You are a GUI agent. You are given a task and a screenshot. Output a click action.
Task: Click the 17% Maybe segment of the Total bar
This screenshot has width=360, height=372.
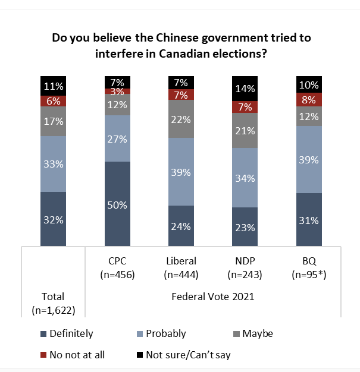coord(54,122)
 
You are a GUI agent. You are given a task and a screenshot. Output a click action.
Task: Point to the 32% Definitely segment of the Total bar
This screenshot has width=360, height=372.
coord(54,219)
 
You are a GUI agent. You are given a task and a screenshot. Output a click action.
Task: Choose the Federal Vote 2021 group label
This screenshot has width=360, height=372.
coord(212,297)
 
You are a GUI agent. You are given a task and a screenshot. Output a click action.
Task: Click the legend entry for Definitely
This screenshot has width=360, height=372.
coord(66,333)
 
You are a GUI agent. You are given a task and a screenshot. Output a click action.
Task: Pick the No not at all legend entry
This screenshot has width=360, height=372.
coord(72,355)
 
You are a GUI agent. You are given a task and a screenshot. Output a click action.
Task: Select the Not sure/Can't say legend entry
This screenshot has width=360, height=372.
coord(183,355)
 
